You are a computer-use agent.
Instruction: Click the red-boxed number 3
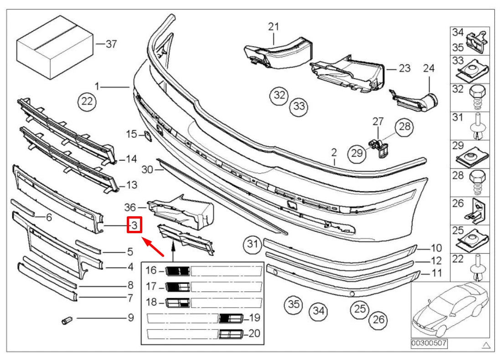click(135, 225)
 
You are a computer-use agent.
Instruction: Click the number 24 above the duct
click(429, 68)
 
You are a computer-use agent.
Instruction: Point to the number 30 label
click(146, 170)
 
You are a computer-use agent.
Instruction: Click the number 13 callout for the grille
click(131, 185)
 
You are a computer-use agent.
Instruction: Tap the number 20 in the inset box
click(254, 334)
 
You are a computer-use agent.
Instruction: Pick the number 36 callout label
click(131, 206)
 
